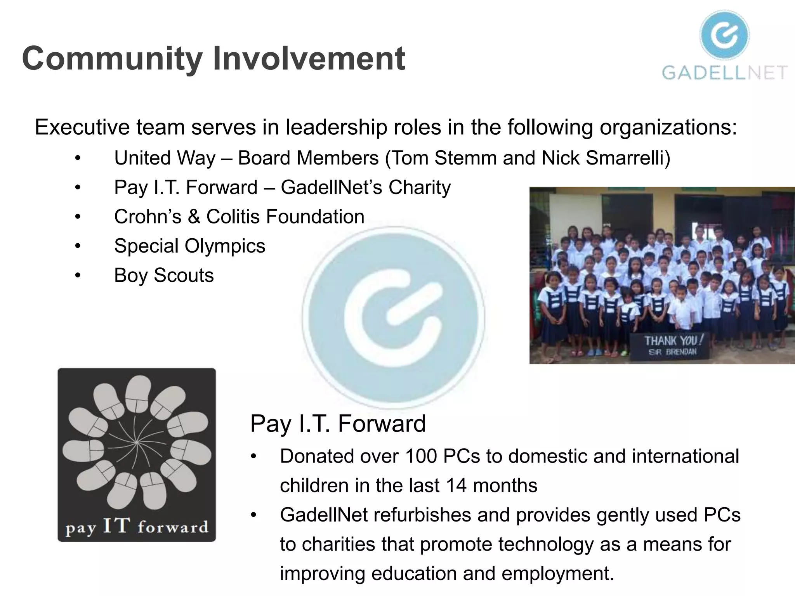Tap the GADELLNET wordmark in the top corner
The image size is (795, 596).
click(724, 73)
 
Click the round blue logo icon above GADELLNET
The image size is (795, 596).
click(724, 35)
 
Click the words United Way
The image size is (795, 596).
click(165, 158)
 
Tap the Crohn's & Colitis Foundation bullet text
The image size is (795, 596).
click(239, 217)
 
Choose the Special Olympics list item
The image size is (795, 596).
click(189, 246)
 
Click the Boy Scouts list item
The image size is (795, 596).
click(164, 275)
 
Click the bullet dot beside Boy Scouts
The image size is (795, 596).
click(78, 275)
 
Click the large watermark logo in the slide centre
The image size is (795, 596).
click(393, 317)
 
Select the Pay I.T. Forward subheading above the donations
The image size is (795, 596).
click(338, 423)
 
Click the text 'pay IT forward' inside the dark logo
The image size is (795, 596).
click(137, 527)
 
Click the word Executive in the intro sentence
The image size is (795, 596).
click(82, 127)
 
